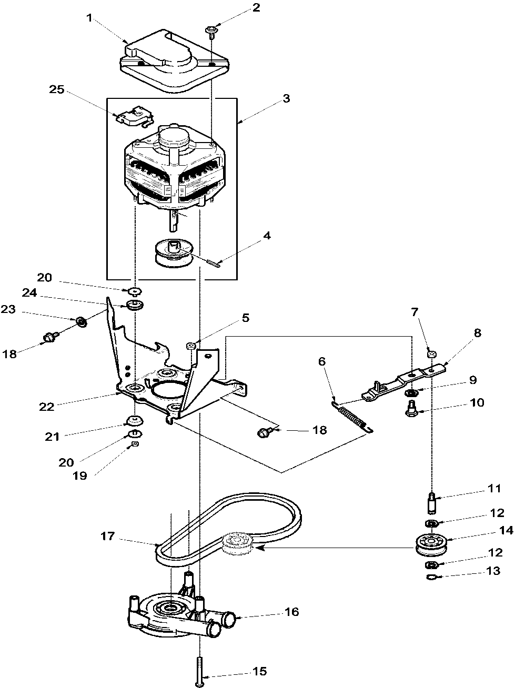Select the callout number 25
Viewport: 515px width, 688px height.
click(x=57, y=89)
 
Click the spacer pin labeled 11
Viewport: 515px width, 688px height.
click(x=431, y=503)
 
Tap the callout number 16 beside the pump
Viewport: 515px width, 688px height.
click(x=291, y=612)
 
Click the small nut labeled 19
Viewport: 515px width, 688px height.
click(x=135, y=444)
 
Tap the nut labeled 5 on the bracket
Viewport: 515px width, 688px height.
click(x=192, y=346)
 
